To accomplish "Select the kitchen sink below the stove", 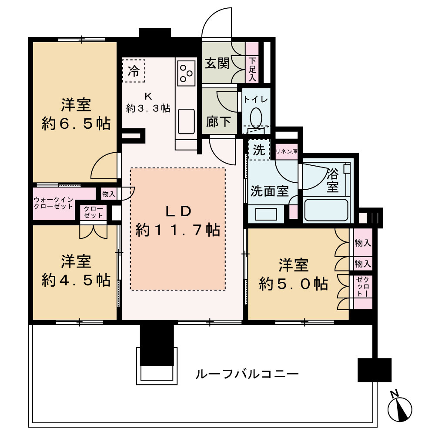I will tap(187, 120).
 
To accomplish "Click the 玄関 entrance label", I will tap(217, 64).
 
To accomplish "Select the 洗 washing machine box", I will tap(259, 150).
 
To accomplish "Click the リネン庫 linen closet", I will tap(286, 151).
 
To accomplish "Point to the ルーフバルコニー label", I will tap(247, 373).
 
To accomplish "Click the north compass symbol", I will tap(400, 408).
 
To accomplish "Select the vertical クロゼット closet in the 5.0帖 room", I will tap(363, 287).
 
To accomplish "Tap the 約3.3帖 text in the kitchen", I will tap(148, 108).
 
